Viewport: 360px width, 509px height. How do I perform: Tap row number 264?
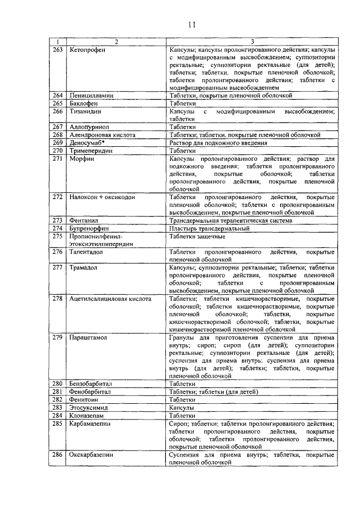coord(57,96)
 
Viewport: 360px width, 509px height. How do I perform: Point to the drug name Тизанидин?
coord(85,111)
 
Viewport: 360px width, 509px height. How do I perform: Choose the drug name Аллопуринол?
coord(89,127)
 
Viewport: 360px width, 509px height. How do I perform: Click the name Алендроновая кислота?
coord(102,135)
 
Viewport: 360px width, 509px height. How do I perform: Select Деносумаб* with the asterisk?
coord(87,143)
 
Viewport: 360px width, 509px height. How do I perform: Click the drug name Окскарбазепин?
coord(92,454)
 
